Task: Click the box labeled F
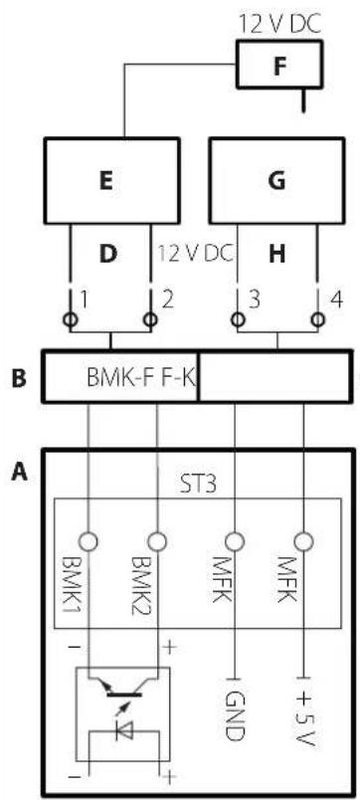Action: (281, 67)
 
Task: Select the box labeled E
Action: (110, 181)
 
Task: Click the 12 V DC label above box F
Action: (280, 19)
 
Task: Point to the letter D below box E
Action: (110, 254)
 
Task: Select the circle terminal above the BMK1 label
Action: (90, 542)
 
